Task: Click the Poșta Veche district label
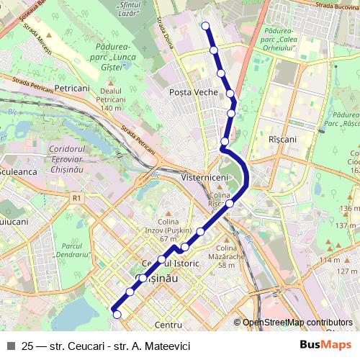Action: coord(194,92)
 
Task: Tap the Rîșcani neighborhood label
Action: coord(282,138)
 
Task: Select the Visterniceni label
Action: coord(205,177)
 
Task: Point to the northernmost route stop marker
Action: coord(206,26)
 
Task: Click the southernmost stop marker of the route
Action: coord(117,313)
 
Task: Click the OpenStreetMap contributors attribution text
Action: coord(297,323)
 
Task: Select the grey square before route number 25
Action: coord(11,346)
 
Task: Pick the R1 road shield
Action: coord(77,197)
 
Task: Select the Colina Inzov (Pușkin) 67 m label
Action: coord(168,230)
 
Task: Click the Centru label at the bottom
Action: coord(168,325)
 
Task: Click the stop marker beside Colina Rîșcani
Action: coord(230,204)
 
